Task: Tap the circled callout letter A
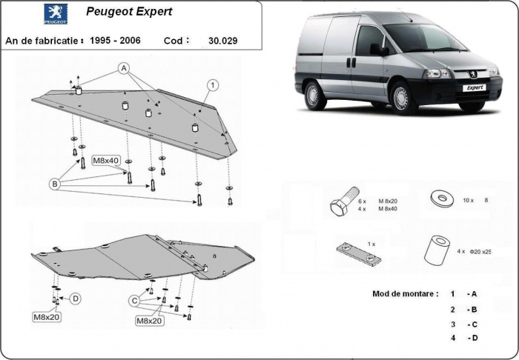pos(123,68)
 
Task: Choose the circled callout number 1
pos(211,85)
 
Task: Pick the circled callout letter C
pos(135,301)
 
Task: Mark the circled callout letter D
pos(75,299)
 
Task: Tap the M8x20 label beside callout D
pos(45,318)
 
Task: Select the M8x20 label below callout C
pos(150,321)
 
